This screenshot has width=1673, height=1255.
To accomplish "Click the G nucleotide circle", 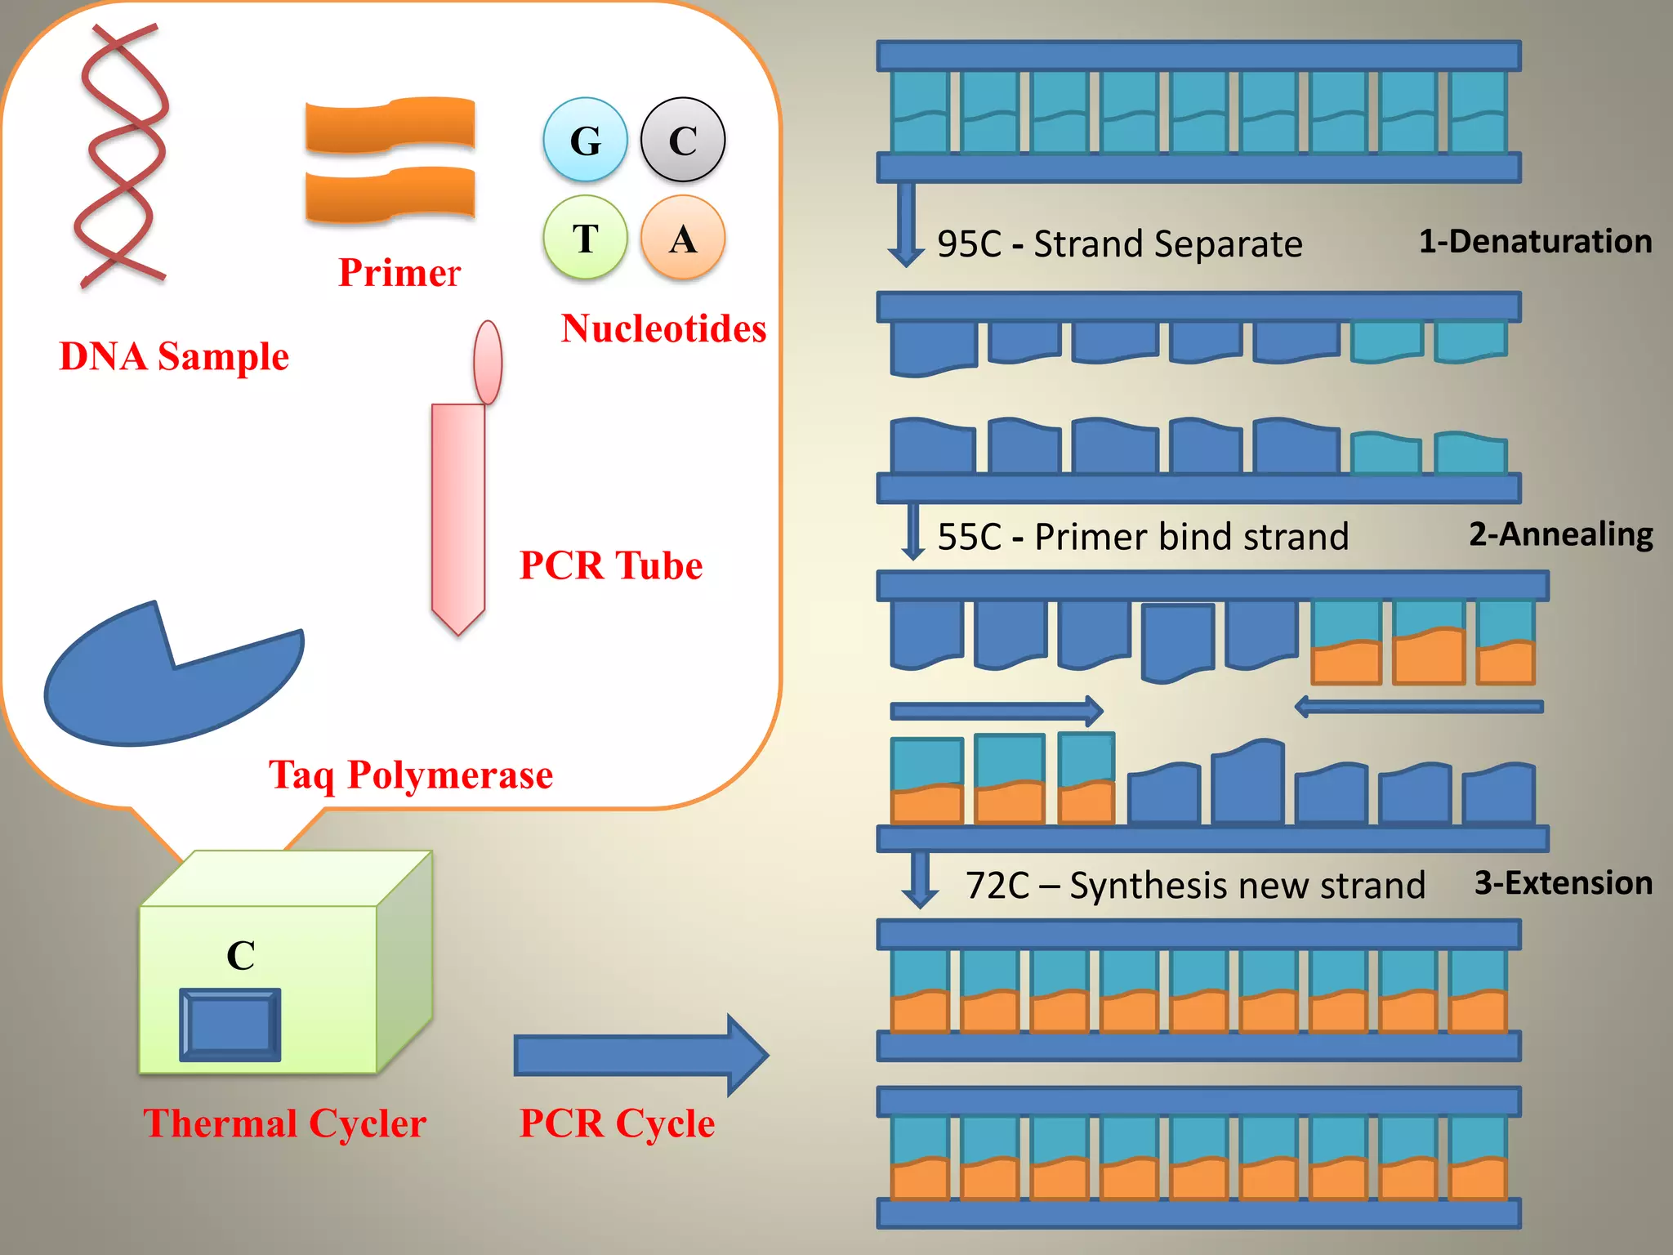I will click(585, 140).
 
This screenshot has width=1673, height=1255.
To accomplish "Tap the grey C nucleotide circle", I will click(682, 140).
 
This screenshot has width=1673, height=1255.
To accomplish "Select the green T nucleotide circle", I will click(585, 238).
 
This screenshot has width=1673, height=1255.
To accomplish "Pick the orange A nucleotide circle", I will click(682, 238).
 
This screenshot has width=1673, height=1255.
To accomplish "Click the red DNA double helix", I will click(123, 155).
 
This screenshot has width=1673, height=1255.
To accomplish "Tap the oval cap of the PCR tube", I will click(488, 362).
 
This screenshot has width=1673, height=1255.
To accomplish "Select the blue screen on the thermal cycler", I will click(230, 1025).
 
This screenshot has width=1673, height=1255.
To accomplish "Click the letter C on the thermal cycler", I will click(241, 955).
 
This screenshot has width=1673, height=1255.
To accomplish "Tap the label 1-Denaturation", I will click(1535, 242).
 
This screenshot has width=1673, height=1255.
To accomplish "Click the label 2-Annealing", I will click(1560, 534).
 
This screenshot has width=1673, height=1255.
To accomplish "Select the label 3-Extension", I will click(1563, 883).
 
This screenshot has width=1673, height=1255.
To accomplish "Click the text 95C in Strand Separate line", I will click(969, 244).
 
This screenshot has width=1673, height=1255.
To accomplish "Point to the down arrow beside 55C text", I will click(912, 531).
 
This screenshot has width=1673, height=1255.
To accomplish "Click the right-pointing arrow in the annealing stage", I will click(997, 711).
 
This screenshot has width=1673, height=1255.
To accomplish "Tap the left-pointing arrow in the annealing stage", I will click(1419, 707).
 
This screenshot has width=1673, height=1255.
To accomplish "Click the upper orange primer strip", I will click(390, 126).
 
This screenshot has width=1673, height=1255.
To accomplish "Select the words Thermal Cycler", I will click(284, 1123).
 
